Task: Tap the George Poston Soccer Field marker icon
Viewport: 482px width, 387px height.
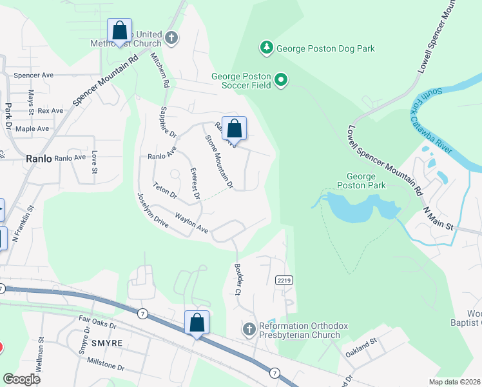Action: pos(281,80)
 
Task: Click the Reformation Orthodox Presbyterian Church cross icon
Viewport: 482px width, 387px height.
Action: pos(249,330)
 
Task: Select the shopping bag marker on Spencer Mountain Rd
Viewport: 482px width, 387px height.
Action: pos(119,31)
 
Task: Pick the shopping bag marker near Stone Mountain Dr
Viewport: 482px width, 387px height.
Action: pos(235,129)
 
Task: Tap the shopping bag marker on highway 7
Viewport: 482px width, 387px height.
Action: pos(197,323)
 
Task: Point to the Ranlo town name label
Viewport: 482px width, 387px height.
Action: pos(39,157)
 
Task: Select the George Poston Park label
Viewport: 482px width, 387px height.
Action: pos(366,181)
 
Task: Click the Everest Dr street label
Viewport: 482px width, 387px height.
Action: pos(195,183)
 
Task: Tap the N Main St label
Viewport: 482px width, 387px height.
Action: pos(439,219)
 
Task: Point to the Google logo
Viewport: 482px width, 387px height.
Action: pos(22,379)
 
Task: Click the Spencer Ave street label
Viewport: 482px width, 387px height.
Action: pos(34,75)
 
